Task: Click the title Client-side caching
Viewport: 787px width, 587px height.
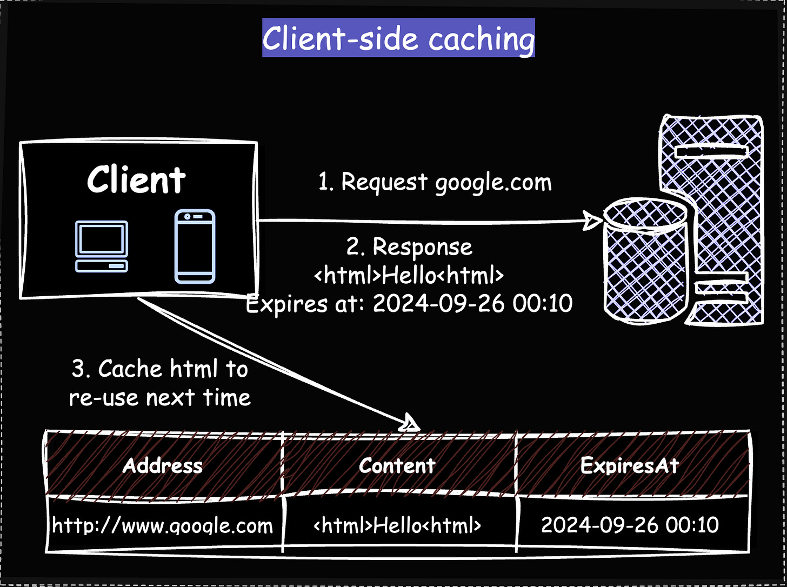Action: click(x=398, y=38)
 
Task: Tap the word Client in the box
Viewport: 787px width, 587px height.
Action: click(x=136, y=180)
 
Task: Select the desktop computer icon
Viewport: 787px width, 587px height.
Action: click(x=102, y=246)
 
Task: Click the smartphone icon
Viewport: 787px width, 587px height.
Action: click(x=195, y=246)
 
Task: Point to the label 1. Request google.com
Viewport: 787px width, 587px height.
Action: click(x=435, y=183)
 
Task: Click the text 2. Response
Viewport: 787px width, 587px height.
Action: click(x=409, y=247)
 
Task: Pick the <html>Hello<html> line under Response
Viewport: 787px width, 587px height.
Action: click(x=409, y=276)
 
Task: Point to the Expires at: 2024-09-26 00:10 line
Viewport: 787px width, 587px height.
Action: click(x=409, y=304)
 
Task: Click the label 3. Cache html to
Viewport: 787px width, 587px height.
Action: click(x=160, y=369)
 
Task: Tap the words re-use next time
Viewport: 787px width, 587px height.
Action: click(x=160, y=398)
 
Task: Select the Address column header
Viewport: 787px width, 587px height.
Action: click(x=163, y=465)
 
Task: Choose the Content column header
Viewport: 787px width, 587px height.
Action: click(x=397, y=465)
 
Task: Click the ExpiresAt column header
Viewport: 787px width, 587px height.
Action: click(x=630, y=465)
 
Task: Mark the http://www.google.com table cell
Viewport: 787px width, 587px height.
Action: click(x=163, y=525)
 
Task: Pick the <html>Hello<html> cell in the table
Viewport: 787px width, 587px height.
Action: click(x=397, y=525)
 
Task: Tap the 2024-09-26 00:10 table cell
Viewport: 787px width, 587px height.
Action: click(x=630, y=525)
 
